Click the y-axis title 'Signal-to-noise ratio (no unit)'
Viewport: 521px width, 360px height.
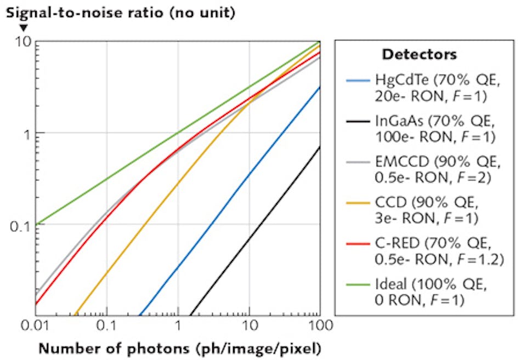point(121,12)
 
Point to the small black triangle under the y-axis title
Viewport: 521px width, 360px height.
point(23,27)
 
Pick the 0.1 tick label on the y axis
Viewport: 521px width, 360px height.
point(21,225)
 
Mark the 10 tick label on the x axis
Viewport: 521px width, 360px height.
point(249,326)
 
